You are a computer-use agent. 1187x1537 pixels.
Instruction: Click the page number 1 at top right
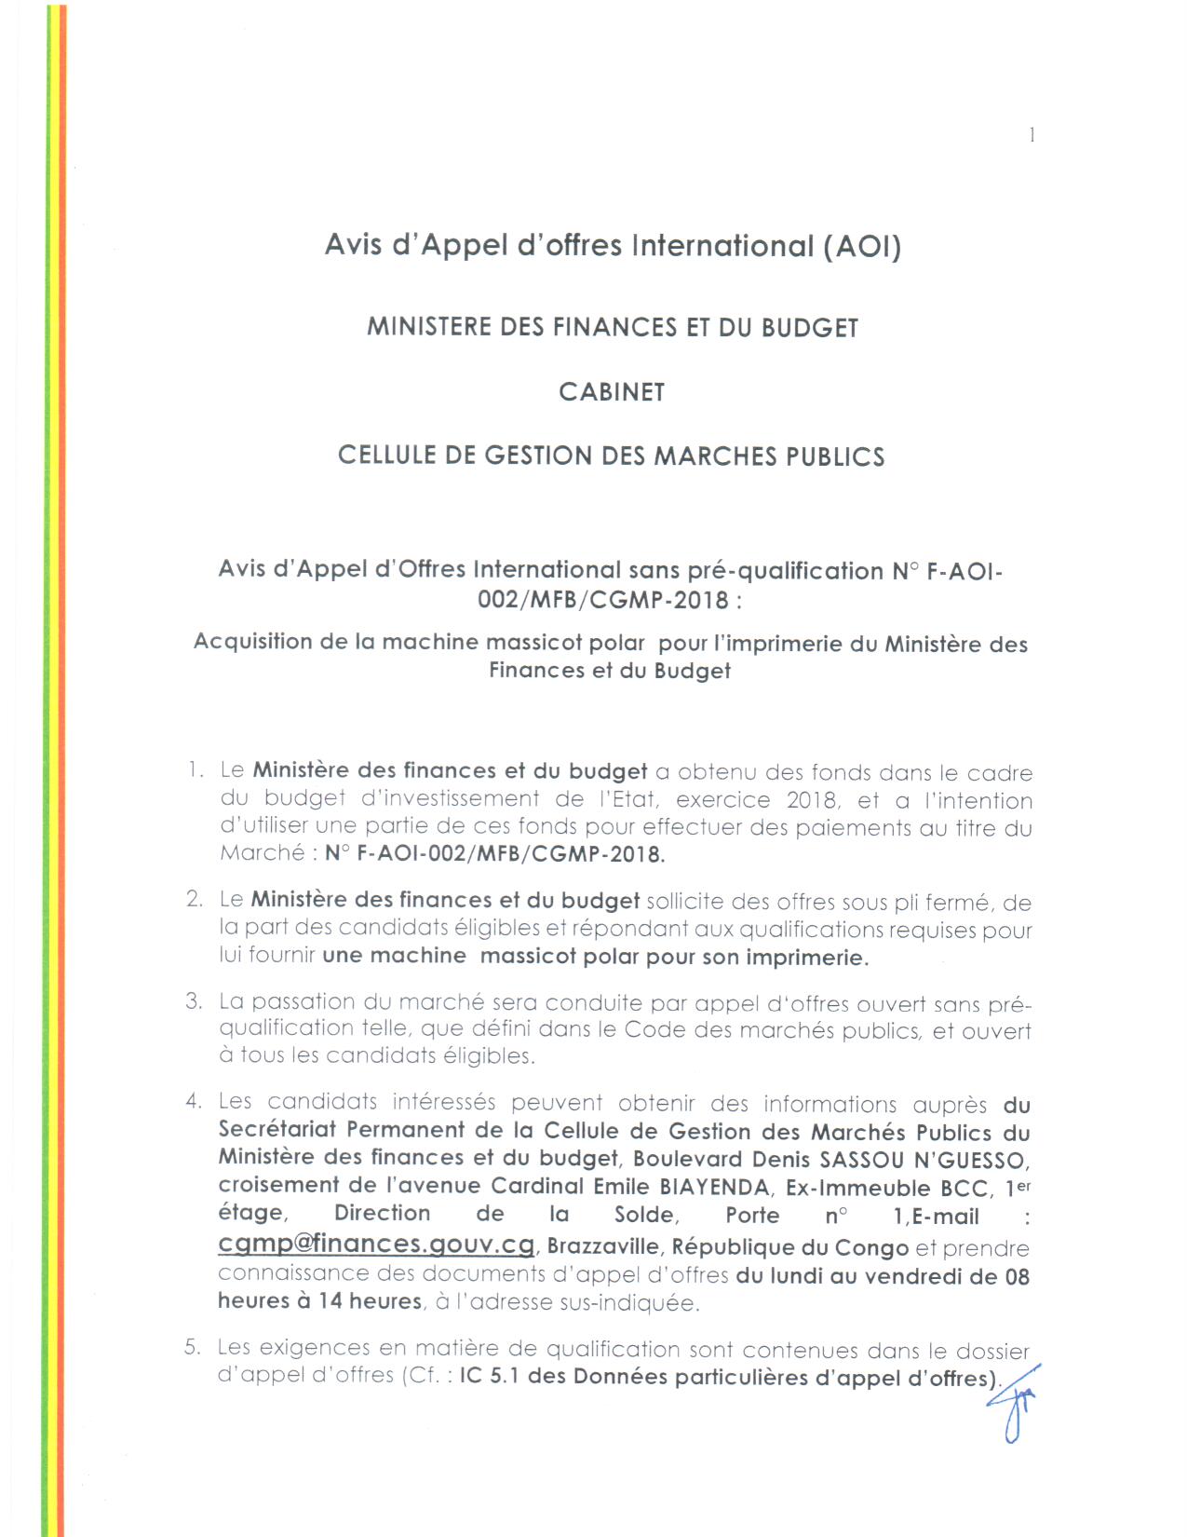click(x=1032, y=135)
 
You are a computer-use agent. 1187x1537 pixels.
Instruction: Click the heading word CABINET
click(x=612, y=392)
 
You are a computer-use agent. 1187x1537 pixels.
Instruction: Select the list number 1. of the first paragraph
click(x=195, y=770)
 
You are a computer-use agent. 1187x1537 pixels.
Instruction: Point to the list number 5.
click(x=193, y=1347)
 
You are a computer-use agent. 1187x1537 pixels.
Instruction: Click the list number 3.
click(x=194, y=1001)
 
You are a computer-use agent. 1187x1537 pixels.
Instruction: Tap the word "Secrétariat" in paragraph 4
click(x=277, y=1131)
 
